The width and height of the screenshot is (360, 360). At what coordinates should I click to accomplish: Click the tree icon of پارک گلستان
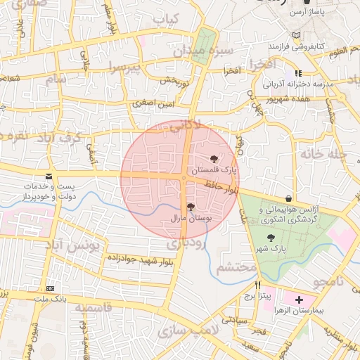click(x=214, y=159)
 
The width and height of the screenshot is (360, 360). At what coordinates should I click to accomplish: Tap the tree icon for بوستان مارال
click(x=191, y=207)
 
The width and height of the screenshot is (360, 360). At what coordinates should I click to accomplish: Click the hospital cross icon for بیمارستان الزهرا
click(x=299, y=299)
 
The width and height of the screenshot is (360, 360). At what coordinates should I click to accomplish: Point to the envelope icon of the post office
click(x=48, y=176)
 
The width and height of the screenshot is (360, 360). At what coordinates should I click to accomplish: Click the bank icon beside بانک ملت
click(x=50, y=288)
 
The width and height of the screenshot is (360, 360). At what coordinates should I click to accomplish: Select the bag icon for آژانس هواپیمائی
click(x=290, y=198)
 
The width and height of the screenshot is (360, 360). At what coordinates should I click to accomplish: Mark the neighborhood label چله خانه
click(x=324, y=153)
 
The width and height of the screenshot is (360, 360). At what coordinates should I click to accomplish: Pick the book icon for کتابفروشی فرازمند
click(x=296, y=34)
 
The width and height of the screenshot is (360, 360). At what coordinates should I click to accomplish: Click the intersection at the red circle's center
click(x=184, y=177)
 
